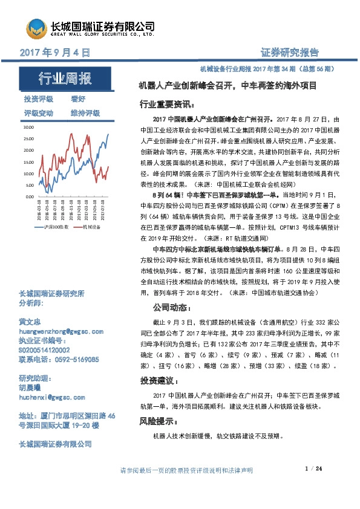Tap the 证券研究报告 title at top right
pyautogui.click(x=289, y=53)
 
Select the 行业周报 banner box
pyautogui.click(x=65, y=79)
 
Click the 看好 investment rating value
pyautogui.click(x=78, y=99)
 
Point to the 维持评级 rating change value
pyautogui.click(x=85, y=113)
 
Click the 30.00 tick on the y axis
pyautogui.click(x=28, y=128)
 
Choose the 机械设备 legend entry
pyautogui.click(x=91, y=227)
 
